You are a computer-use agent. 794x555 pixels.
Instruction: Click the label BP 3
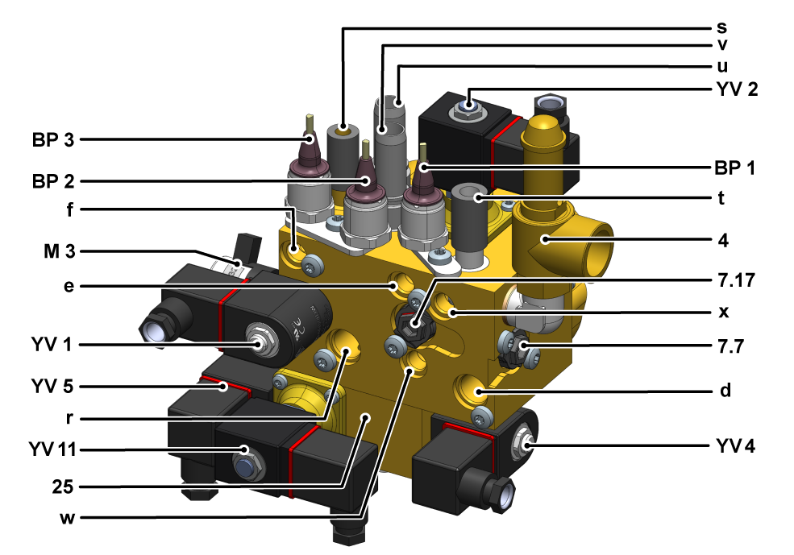pyautogui.click(x=53, y=139)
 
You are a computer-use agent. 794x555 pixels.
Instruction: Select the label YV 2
pyautogui.click(x=738, y=89)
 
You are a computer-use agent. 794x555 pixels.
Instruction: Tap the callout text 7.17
pyautogui.click(x=736, y=280)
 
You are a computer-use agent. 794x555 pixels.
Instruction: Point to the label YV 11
pyautogui.click(x=52, y=449)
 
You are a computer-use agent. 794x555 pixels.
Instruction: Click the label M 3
pyautogui.click(x=59, y=251)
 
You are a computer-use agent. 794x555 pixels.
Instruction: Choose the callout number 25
pyautogui.click(x=63, y=487)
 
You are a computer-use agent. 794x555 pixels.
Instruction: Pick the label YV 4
pyautogui.click(x=736, y=446)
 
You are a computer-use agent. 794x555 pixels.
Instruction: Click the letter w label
pyautogui.click(x=68, y=518)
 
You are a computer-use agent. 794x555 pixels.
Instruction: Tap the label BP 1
pyautogui.click(x=735, y=168)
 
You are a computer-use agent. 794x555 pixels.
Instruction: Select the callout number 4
pyautogui.click(x=723, y=240)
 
